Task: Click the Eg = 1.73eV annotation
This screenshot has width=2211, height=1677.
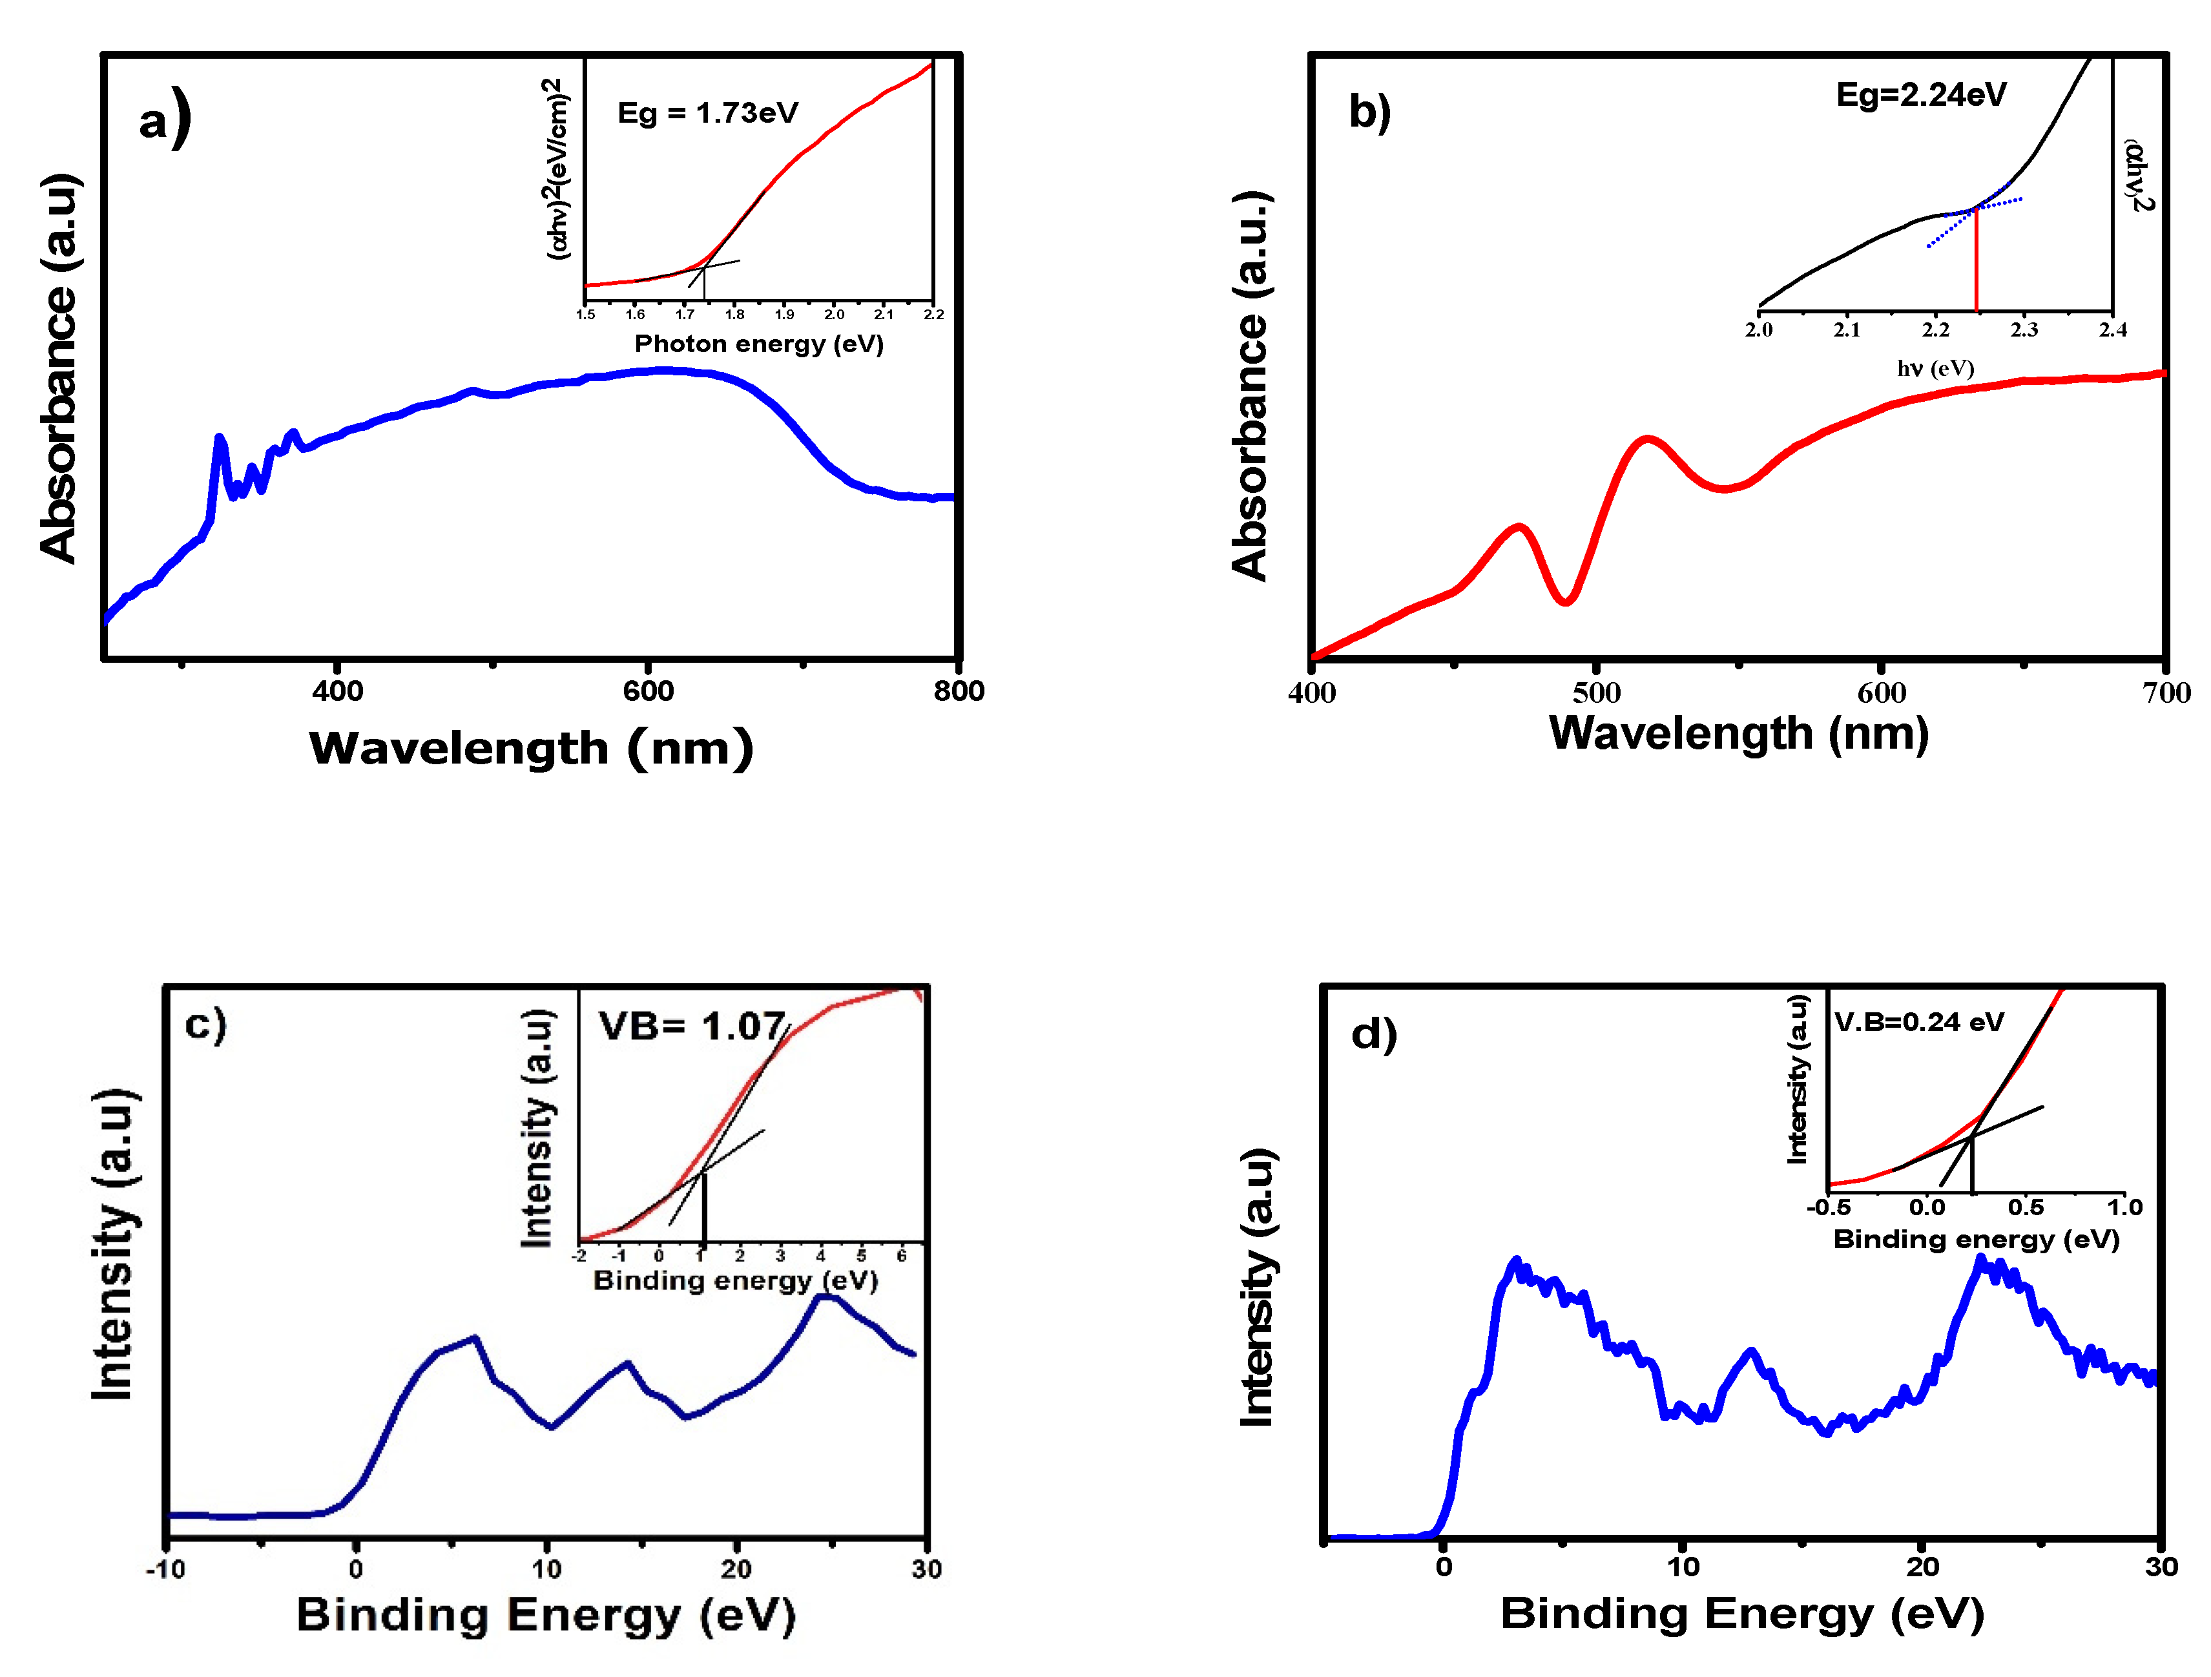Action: [x=708, y=113]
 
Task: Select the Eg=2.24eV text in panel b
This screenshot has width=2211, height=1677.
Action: [x=1921, y=95]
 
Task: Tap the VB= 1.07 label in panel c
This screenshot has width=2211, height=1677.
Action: [x=692, y=1026]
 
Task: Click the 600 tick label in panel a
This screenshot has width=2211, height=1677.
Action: [x=648, y=691]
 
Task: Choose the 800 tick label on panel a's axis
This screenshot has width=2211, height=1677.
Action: [x=959, y=691]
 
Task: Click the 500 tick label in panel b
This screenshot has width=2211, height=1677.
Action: [x=1596, y=693]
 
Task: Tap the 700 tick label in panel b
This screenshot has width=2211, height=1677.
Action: [x=2166, y=693]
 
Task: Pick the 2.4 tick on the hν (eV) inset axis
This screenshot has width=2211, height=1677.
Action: [x=2113, y=330]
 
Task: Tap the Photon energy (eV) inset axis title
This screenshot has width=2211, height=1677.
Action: [x=759, y=344]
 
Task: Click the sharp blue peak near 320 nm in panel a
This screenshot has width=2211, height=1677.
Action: [x=219, y=440]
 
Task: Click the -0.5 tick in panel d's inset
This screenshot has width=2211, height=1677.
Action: [x=1829, y=1207]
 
